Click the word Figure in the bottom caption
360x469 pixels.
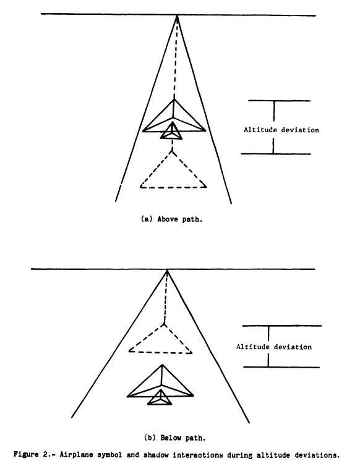pyautogui.click(x=22, y=455)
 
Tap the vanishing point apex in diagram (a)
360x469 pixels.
pyautogui.click(x=177, y=15)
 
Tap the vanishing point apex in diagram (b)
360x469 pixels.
pyautogui.click(x=167, y=270)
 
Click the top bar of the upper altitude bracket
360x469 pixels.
pyautogui.click(x=279, y=101)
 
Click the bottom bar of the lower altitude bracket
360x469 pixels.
pyautogui.click(x=281, y=367)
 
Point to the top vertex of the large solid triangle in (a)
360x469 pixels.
pyautogui.click(x=174, y=99)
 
